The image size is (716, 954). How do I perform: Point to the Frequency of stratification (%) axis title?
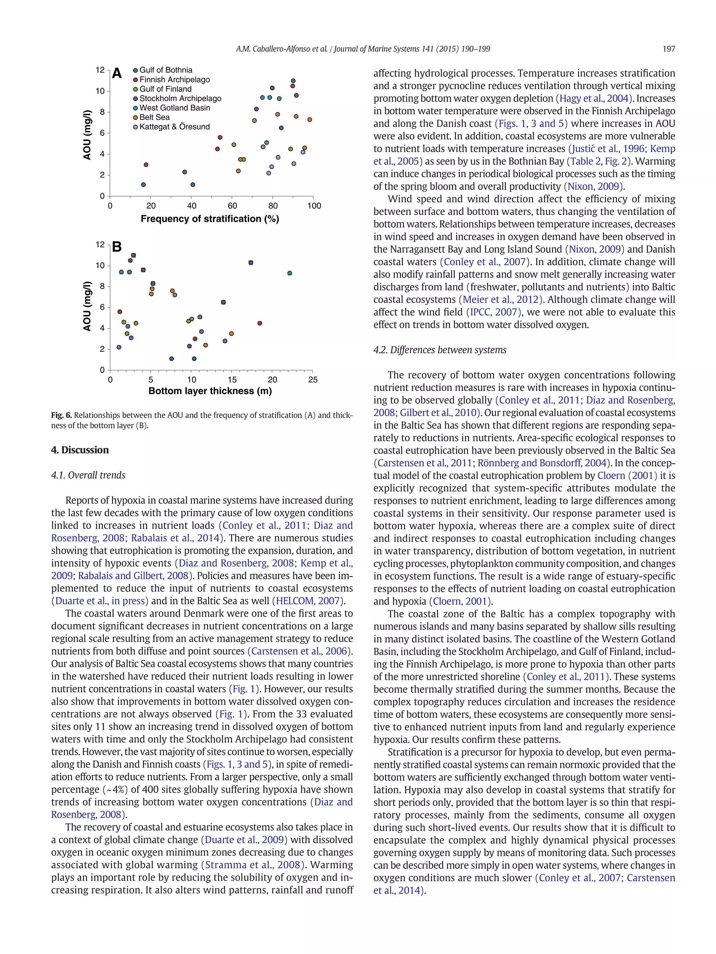[210, 219]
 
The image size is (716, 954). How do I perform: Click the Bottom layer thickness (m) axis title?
[210, 391]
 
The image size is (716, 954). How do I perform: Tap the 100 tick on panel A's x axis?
[314, 206]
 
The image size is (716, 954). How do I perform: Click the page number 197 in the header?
[668, 49]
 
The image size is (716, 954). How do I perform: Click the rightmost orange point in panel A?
[309, 119]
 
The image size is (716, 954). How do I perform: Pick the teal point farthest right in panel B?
[289, 273]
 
